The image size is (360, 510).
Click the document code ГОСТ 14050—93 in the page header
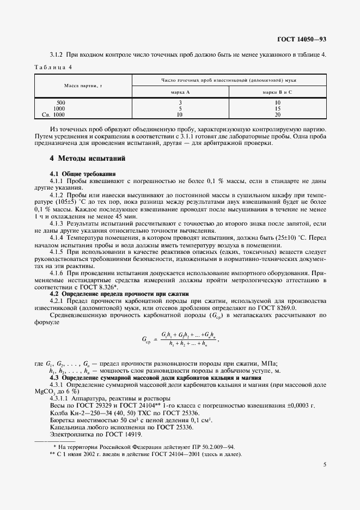coord(301,40)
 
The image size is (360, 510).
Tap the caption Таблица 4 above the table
coord(53,67)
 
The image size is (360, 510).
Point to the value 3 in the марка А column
coord(180,102)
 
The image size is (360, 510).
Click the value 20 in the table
coord(277,115)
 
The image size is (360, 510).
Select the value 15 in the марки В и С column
coord(277,109)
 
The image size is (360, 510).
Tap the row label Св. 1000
coord(54,115)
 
